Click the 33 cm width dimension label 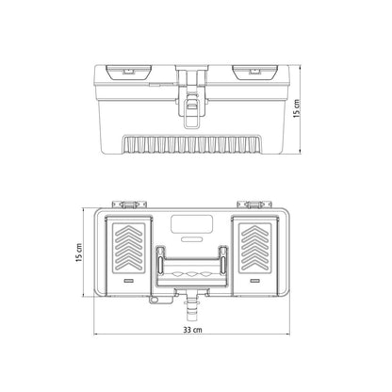pos(192,330)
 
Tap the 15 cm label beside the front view pos(297,108)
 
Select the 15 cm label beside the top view pos(79,253)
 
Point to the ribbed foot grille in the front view pos(192,145)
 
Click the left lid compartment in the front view pos(128,73)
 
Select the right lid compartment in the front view pos(255,73)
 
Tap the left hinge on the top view pos(129,204)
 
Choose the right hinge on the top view pos(254,204)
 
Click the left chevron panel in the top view pos(129,248)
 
